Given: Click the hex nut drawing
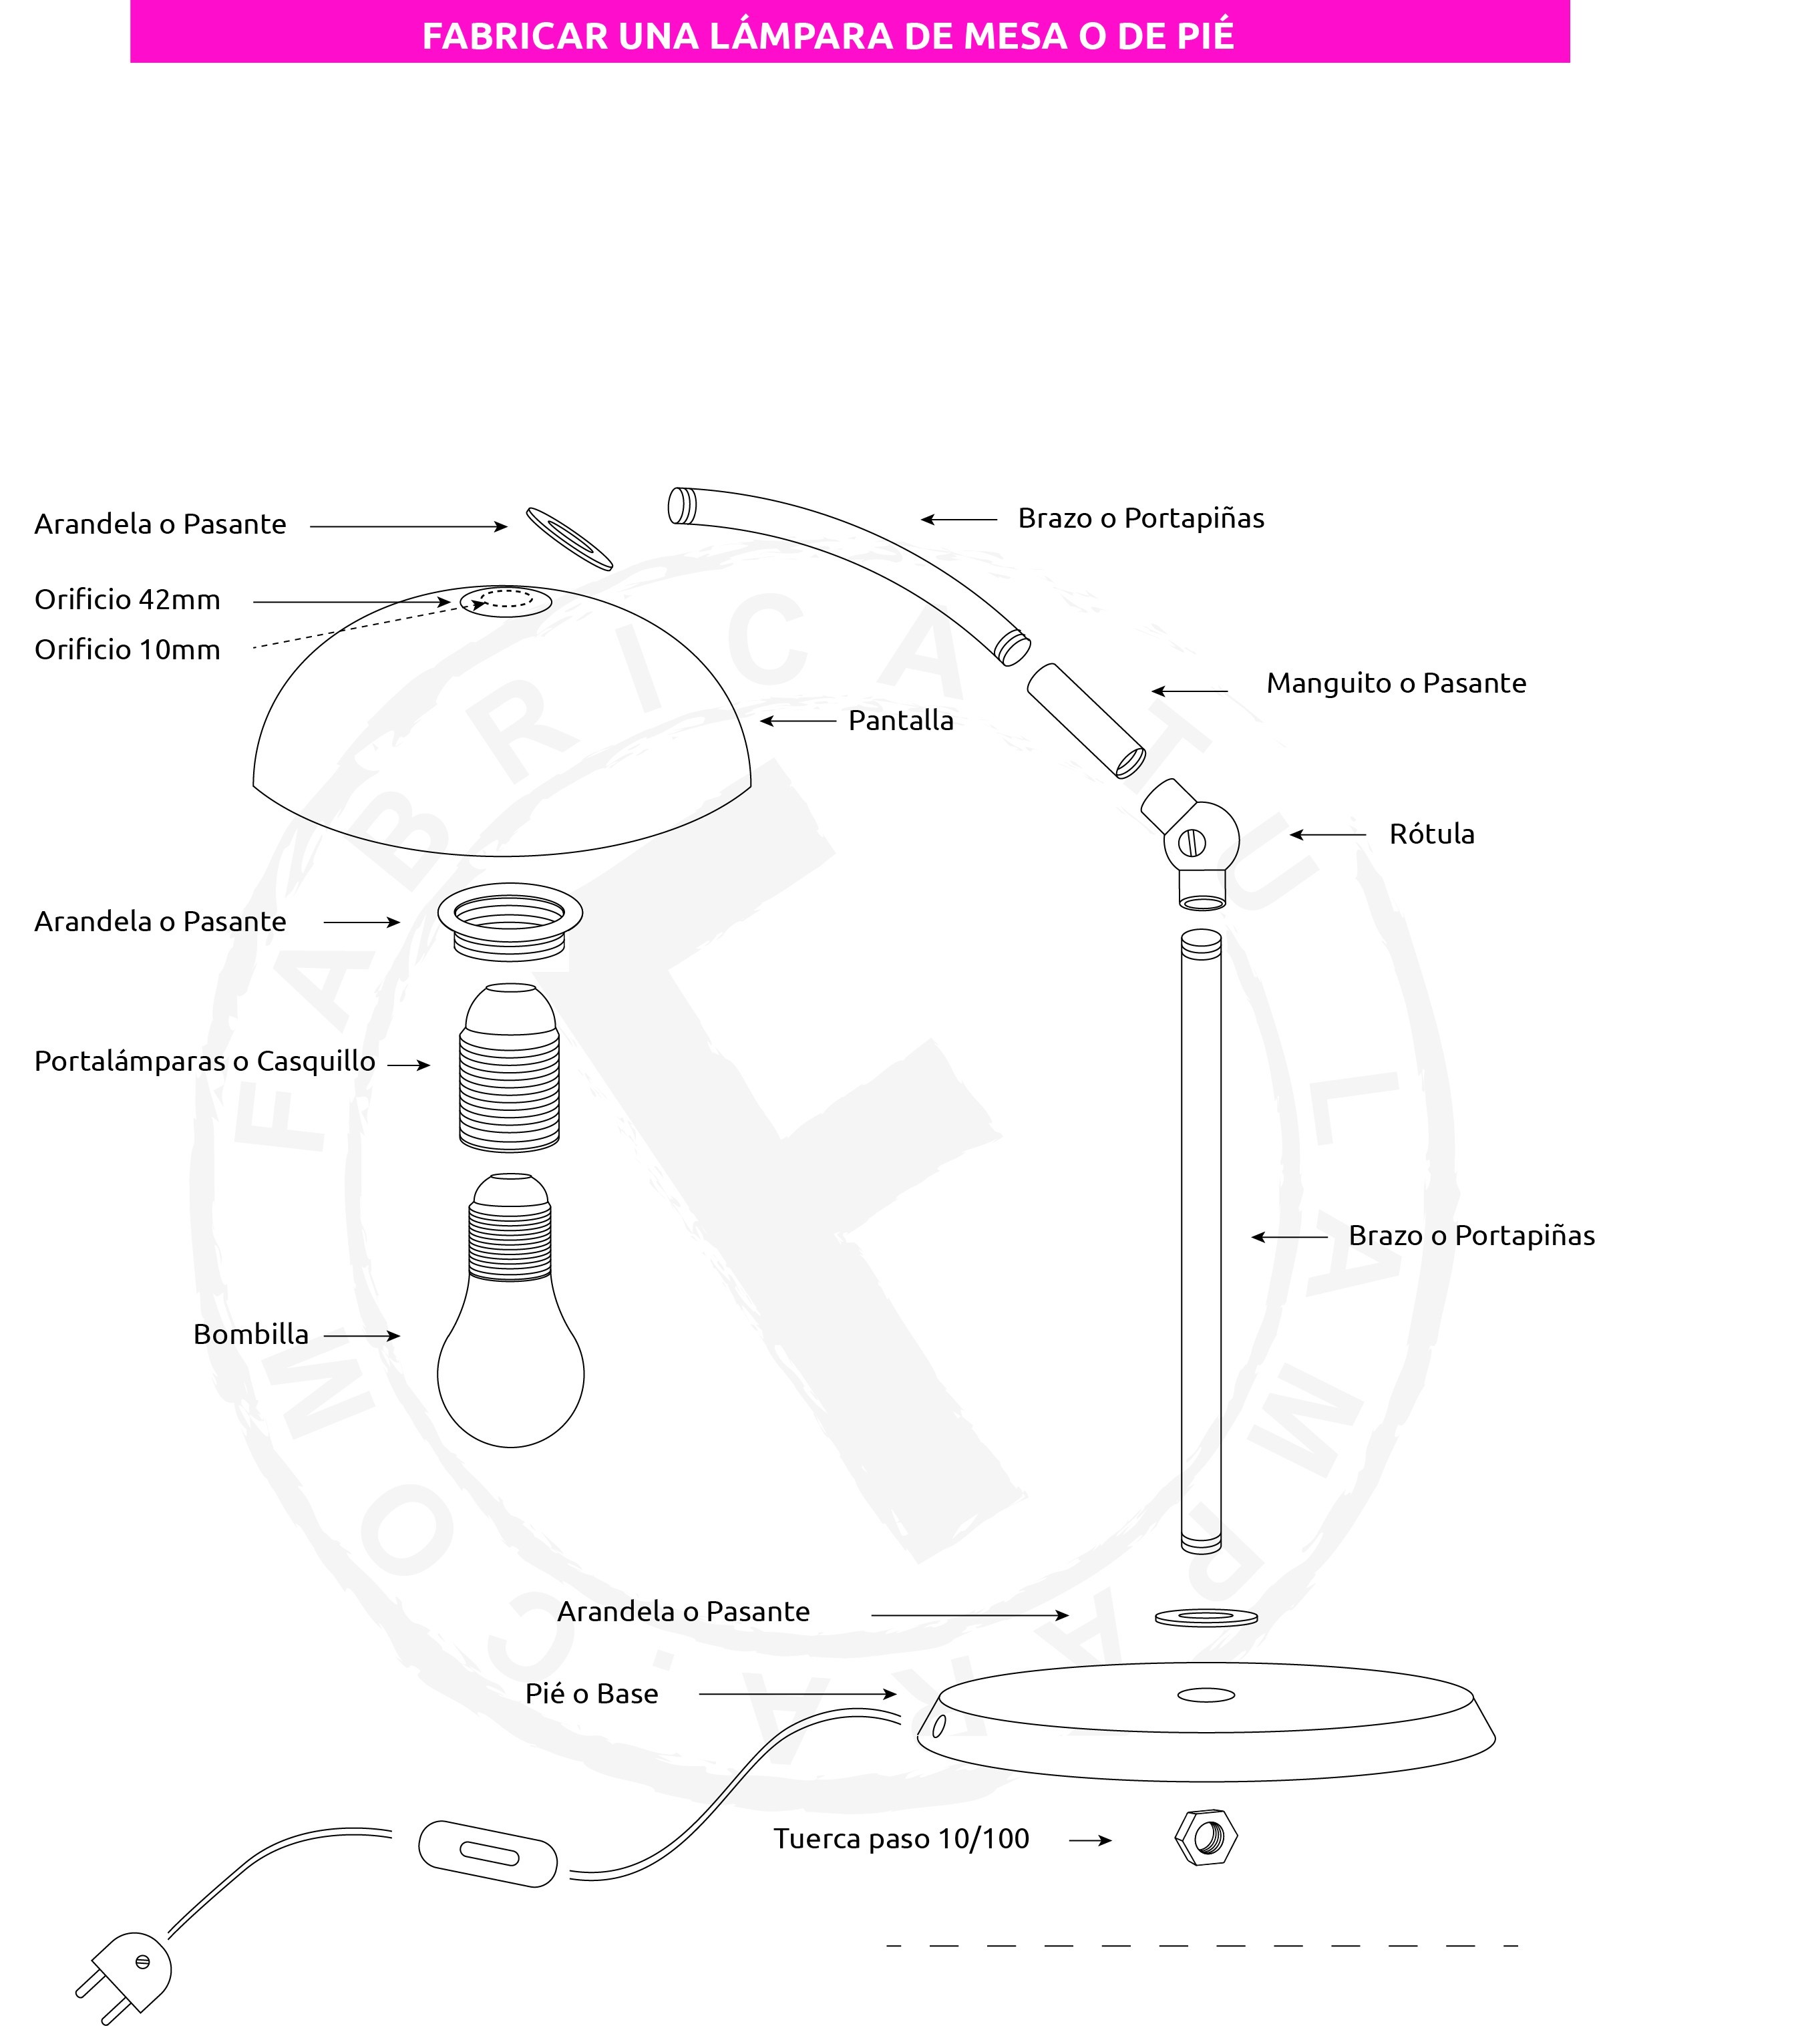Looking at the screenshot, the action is coord(1206,1838).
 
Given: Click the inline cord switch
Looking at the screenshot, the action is coord(487,1852).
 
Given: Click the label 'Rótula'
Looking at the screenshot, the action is coord(1431,834).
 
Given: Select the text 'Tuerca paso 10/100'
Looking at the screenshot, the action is coord(901,1839).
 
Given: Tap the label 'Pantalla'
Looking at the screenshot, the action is coord(901,721).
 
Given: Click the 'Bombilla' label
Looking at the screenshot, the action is coord(250,1334).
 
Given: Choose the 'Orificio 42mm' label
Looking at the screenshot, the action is coord(128,600).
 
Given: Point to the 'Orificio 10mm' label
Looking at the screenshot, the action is coord(128,650).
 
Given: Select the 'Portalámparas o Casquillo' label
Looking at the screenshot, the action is coord(205,1061).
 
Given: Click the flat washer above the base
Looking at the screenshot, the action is coord(1206,1618).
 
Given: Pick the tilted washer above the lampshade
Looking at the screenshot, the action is coord(569,538).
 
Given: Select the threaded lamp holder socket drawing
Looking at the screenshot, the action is coord(510,1067).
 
